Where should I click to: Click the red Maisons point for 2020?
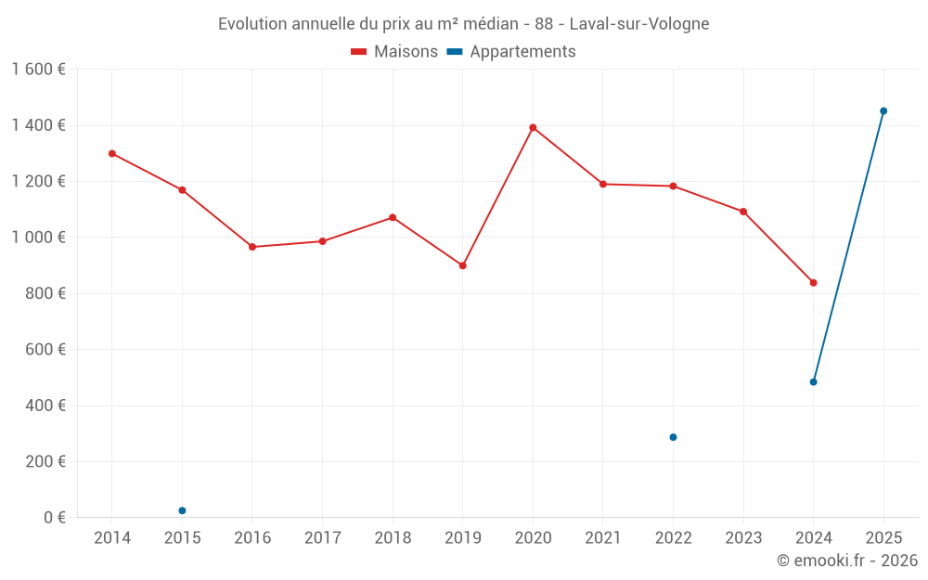click(x=533, y=127)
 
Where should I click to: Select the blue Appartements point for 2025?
click(x=883, y=111)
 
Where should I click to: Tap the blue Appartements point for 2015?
click(x=182, y=510)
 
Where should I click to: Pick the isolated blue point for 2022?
click(x=673, y=437)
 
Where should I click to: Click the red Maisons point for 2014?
click(x=112, y=153)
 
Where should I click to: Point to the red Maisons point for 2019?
click(x=463, y=265)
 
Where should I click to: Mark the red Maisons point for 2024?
click(x=813, y=282)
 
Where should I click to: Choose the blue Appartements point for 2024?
click(x=813, y=381)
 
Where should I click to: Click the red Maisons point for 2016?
click(x=252, y=247)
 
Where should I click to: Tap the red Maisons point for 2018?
click(x=393, y=217)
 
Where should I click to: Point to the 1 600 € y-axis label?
click(x=38, y=70)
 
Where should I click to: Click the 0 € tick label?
click(x=54, y=518)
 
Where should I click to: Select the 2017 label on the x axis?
click(x=322, y=538)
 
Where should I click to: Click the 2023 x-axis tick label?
click(x=743, y=538)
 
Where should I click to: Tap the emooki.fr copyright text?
click(x=847, y=561)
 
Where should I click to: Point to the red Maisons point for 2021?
click(x=603, y=184)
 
